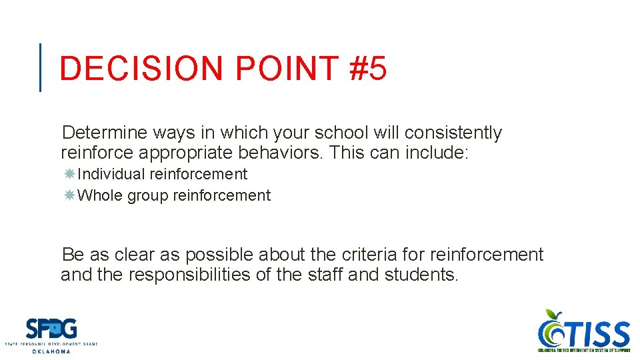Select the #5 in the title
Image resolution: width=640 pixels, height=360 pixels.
click(367, 69)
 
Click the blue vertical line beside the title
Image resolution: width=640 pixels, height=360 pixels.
click(41, 67)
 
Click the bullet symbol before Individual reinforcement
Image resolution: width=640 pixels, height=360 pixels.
click(69, 175)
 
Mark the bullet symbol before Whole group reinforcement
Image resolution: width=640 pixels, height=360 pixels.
click(69, 196)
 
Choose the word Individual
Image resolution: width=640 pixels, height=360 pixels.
click(111, 175)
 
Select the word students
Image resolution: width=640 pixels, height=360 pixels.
click(421, 275)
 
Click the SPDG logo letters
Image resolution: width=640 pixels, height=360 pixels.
click(51, 329)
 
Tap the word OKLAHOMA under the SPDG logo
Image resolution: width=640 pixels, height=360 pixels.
click(51, 351)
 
